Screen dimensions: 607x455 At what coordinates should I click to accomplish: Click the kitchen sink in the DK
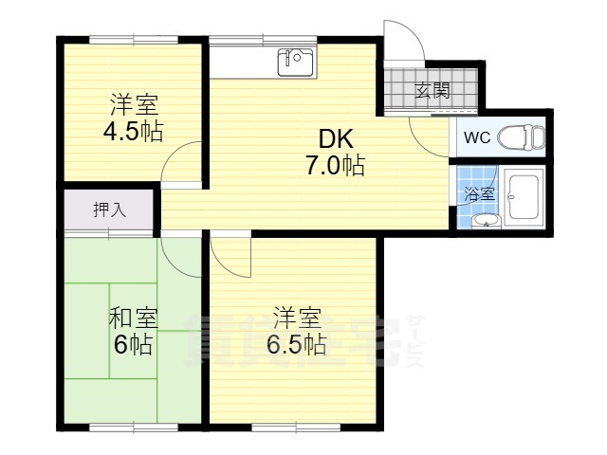(296, 62)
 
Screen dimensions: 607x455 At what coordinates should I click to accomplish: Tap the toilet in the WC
(521, 137)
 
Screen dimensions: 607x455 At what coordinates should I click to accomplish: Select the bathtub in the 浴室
(524, 199)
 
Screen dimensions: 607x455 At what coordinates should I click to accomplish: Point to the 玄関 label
(432, 91)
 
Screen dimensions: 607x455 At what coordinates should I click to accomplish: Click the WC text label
(477, 137)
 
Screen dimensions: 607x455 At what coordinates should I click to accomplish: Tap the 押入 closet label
(110, 209)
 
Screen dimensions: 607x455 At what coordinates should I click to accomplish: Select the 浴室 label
(480, 193)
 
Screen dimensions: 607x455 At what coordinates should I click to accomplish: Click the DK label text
(336, 139)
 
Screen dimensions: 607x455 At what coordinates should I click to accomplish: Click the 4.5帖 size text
(133, 132)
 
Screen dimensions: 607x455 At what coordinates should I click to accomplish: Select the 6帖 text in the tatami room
(133, 344)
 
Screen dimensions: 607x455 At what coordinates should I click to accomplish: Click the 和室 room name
(133, 318)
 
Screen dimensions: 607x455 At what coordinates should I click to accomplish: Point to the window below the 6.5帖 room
(296, 428)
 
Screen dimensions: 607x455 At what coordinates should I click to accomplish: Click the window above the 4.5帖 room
(134, 40)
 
